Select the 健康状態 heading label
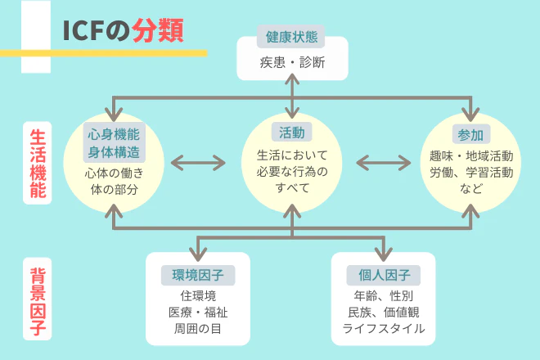(x=292, y=37)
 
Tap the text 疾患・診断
(x=292, y=62)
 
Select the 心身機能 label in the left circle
(x=113, y=133)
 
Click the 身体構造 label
(x=113, y=152)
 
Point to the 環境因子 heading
(x=198, y=274)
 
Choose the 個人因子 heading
(x=383, y=274)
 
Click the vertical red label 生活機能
(x=38, y=164)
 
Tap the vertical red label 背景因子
(x=38, y=302)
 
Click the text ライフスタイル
(x=383, y=328)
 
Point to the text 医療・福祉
(x=198, y=312)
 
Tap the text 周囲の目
(x=198, y=329)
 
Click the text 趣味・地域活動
(x=471, y=155)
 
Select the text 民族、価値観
(x=383, y=312)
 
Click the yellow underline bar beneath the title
(x=114, y=53)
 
